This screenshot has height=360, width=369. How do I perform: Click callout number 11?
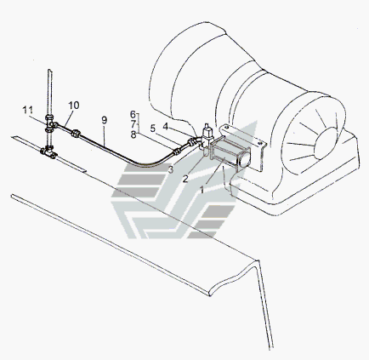click(28, 110)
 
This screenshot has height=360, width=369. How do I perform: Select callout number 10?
click(74, 106)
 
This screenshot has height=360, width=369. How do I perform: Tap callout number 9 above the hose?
click(105, 120)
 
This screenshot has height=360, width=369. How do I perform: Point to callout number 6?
click(133, 114)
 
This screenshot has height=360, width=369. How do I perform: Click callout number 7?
click(133, 124)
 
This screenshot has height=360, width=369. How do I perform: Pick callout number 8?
click(133, 134)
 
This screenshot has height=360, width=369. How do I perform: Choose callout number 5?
click(153, 129)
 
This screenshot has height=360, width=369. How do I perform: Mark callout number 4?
click(166, 127)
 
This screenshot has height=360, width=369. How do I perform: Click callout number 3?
click(171, 169)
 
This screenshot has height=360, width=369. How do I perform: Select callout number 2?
click(185, 179)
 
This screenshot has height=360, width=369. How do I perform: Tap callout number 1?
click(202, 190)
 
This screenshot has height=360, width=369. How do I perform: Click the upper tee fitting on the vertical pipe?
click(50, 123)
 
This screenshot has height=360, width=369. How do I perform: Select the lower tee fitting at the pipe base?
click(49, 151)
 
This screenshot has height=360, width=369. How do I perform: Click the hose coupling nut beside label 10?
click(76, 133)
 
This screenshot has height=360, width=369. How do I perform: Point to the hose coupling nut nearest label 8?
click(177, 151)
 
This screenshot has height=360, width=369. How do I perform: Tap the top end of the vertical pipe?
click(49, 70)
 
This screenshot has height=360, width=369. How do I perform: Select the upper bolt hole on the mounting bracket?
click(226, 128)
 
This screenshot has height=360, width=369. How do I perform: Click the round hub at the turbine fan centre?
click(326, 143)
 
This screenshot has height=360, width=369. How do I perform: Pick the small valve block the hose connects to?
click(207, 139)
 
